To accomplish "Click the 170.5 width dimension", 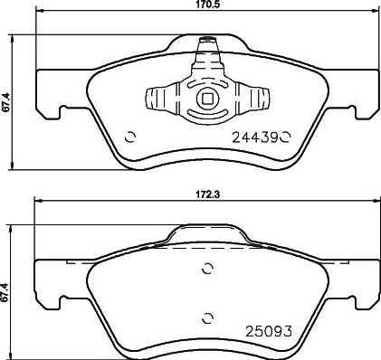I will (207, 5).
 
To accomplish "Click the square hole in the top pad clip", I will (207, 99).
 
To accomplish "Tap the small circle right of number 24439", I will (284, 137).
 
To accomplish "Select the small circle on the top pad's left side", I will (129, 137).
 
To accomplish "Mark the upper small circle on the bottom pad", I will (208, 269).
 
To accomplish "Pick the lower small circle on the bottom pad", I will (208, 316).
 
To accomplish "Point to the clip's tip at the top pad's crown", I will (207, 42).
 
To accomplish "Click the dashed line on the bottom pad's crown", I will (207, 245).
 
